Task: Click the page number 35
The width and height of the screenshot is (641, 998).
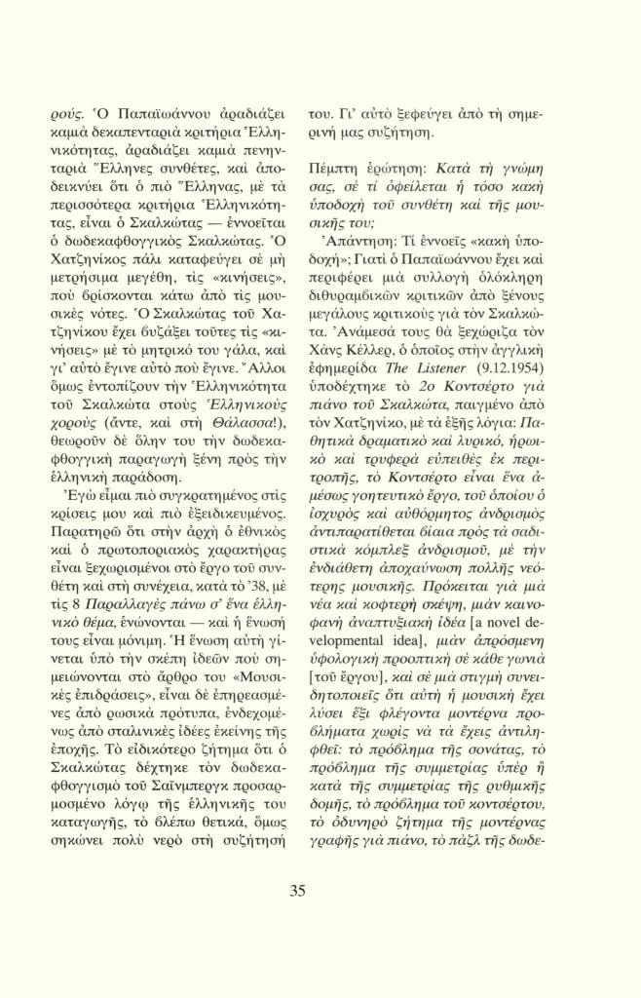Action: click(x=298, y=889)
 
